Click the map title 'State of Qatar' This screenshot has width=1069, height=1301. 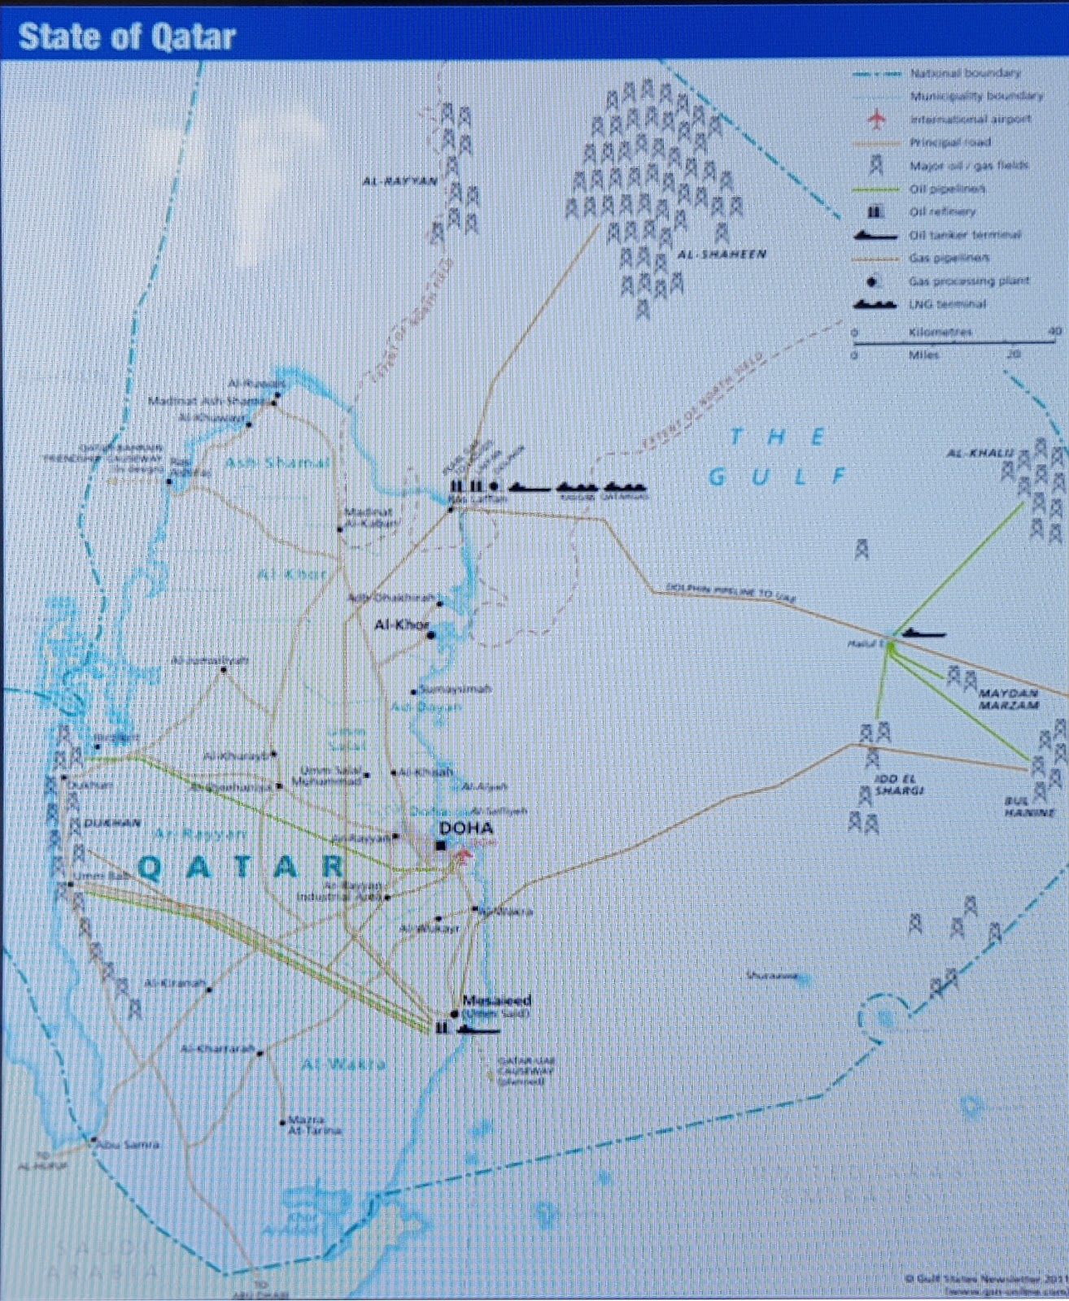127,37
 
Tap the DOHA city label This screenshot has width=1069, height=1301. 466,828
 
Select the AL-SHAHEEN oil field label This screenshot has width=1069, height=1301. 722,255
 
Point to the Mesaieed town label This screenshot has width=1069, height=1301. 496,1000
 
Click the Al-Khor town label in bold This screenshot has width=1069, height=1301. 401,624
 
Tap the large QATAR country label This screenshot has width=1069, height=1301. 242,868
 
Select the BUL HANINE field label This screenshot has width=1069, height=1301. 1029,807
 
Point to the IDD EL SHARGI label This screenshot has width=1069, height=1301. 899,785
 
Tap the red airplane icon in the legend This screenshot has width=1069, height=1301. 876,120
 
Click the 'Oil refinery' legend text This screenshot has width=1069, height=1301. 942,211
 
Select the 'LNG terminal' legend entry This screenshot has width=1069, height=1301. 947,304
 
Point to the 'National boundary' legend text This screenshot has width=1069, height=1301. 965,73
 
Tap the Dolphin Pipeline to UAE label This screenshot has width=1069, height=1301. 731,592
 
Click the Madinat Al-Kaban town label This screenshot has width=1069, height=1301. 369,517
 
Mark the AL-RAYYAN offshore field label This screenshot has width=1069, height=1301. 399,181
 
